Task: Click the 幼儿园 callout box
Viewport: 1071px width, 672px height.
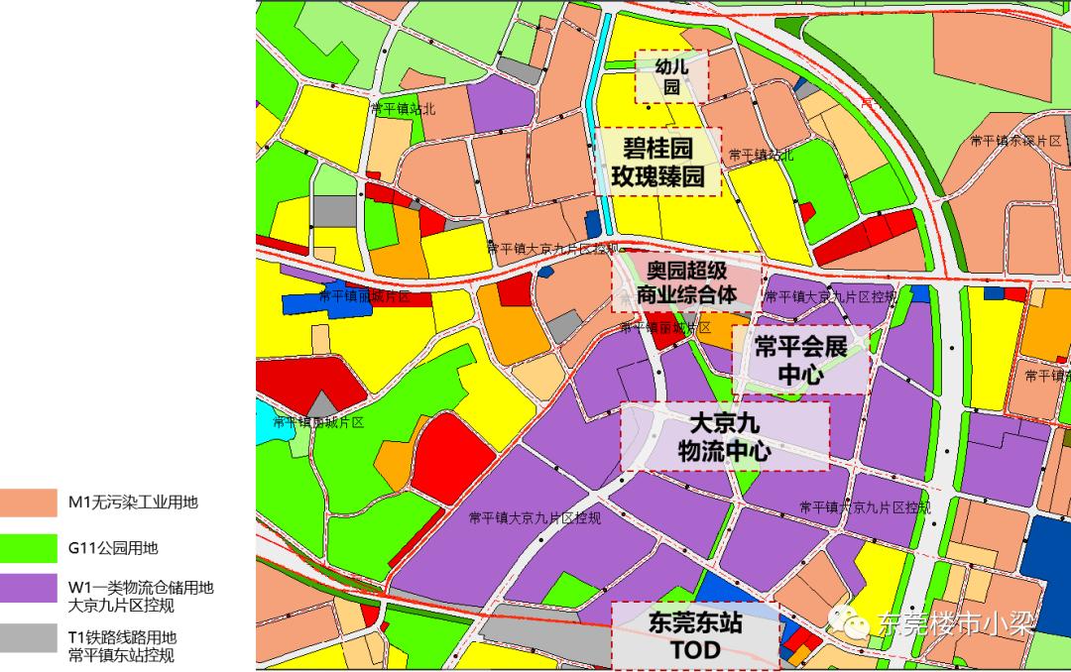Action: coord(671,76)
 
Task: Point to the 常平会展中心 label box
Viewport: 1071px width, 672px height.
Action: coord(800,360)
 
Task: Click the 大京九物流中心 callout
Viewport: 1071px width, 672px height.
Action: coord(724,436)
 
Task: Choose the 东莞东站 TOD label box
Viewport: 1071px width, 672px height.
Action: coord(694,636)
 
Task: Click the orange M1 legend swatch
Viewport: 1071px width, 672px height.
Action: coord(29,503)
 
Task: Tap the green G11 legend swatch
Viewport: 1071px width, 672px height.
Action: coord(29,546)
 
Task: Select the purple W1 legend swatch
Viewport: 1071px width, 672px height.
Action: coord(29,589)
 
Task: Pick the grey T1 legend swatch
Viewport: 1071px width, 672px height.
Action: coord(29,637)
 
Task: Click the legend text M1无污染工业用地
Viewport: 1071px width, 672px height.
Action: coord(133,503)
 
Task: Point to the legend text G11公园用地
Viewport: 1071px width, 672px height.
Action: coord(113,547)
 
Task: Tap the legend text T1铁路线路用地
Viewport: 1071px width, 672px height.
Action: coord(122,637)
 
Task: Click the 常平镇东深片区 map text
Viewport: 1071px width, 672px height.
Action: coord(1015,142)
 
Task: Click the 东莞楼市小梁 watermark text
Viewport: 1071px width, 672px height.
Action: coord(955,623)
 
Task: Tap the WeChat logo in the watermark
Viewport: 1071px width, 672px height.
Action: coord(852,621)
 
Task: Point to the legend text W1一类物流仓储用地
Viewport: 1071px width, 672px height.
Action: coord(141,588)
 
